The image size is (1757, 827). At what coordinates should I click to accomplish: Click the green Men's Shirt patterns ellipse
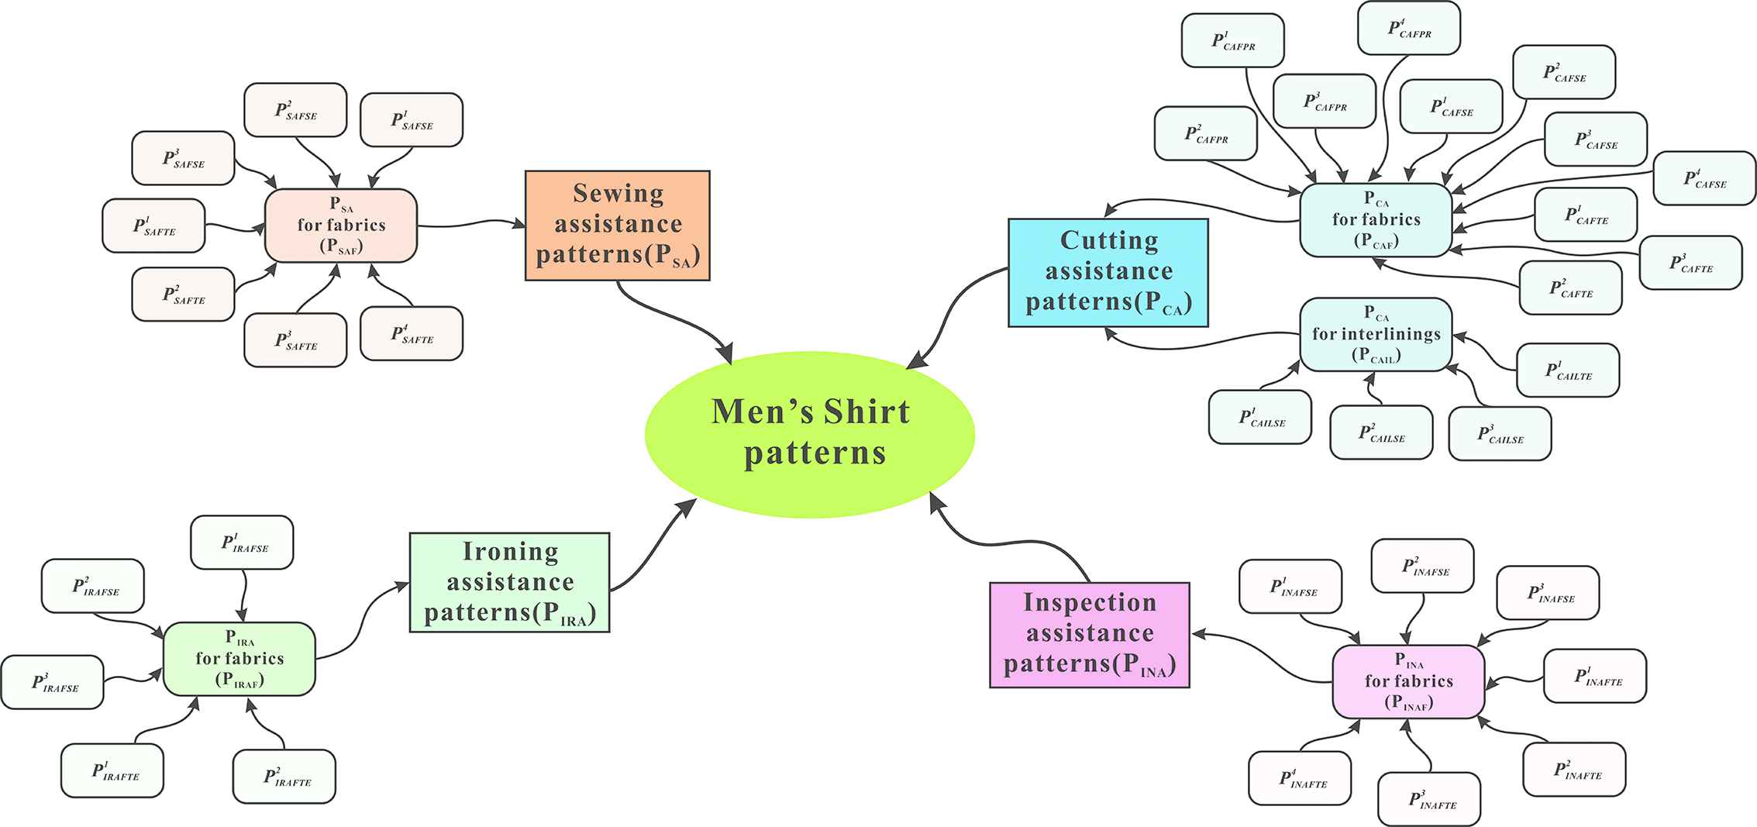(x=810, y=434)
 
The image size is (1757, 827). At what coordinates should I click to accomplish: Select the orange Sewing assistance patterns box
(x=618, y=225)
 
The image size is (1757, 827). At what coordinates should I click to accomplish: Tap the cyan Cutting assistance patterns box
(x=1108, y=272)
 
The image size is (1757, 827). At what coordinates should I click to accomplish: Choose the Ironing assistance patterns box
(x=509, y=582)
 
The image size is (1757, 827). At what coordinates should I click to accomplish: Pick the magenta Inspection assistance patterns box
(x=1089, y=635)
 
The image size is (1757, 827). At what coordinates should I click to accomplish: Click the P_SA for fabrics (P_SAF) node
(x=341, y=226)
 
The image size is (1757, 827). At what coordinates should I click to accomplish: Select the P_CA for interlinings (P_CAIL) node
(x=1376, y=334)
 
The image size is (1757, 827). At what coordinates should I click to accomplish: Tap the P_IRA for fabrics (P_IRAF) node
(x=239, y=659)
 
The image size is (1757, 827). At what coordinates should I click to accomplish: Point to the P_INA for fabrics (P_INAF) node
(x=1408, y=682)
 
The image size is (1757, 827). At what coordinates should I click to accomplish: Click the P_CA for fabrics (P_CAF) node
(x=1376, y=220)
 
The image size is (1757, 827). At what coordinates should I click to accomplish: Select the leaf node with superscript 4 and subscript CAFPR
(x=1409, y=29)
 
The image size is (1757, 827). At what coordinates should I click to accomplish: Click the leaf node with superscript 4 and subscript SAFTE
(x=412, y=334)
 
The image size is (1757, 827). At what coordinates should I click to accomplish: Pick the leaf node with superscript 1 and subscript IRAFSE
(x=243, y=543)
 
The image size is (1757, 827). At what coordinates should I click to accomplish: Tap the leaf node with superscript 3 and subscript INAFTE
(x=1429, y=799)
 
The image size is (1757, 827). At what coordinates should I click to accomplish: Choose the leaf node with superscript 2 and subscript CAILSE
(x=1381, y=432)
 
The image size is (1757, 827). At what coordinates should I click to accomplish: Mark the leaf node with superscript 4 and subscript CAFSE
(x=1704, y=178)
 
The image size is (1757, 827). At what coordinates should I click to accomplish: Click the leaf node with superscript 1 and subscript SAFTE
(x=153, y=226)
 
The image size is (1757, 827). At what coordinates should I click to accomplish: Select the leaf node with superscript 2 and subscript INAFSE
(x=1422, y=566)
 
